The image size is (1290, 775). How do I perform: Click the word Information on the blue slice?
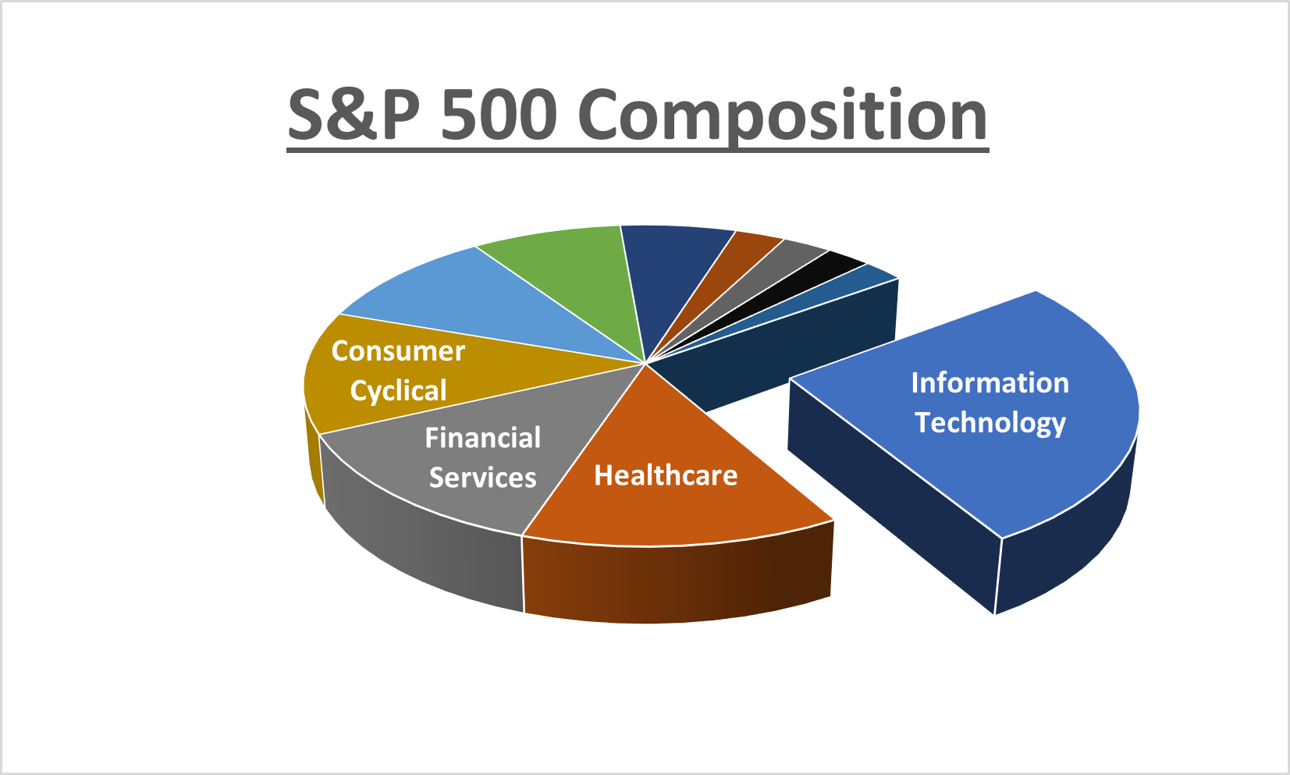click(x=990, y=383)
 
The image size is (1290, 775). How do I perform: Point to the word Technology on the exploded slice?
click(x=990, y=423)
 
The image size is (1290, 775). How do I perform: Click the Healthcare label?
click(x=666, y=475)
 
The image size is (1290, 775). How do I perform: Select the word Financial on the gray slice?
click(x=482, y=438)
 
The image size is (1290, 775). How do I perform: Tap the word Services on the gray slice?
click(x=482, y=478)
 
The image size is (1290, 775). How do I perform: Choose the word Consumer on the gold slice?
click(x=398, y=351)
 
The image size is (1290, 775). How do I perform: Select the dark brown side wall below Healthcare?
click(x=677, y=581)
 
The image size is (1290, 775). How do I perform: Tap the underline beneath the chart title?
click(x=638, y=151)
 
